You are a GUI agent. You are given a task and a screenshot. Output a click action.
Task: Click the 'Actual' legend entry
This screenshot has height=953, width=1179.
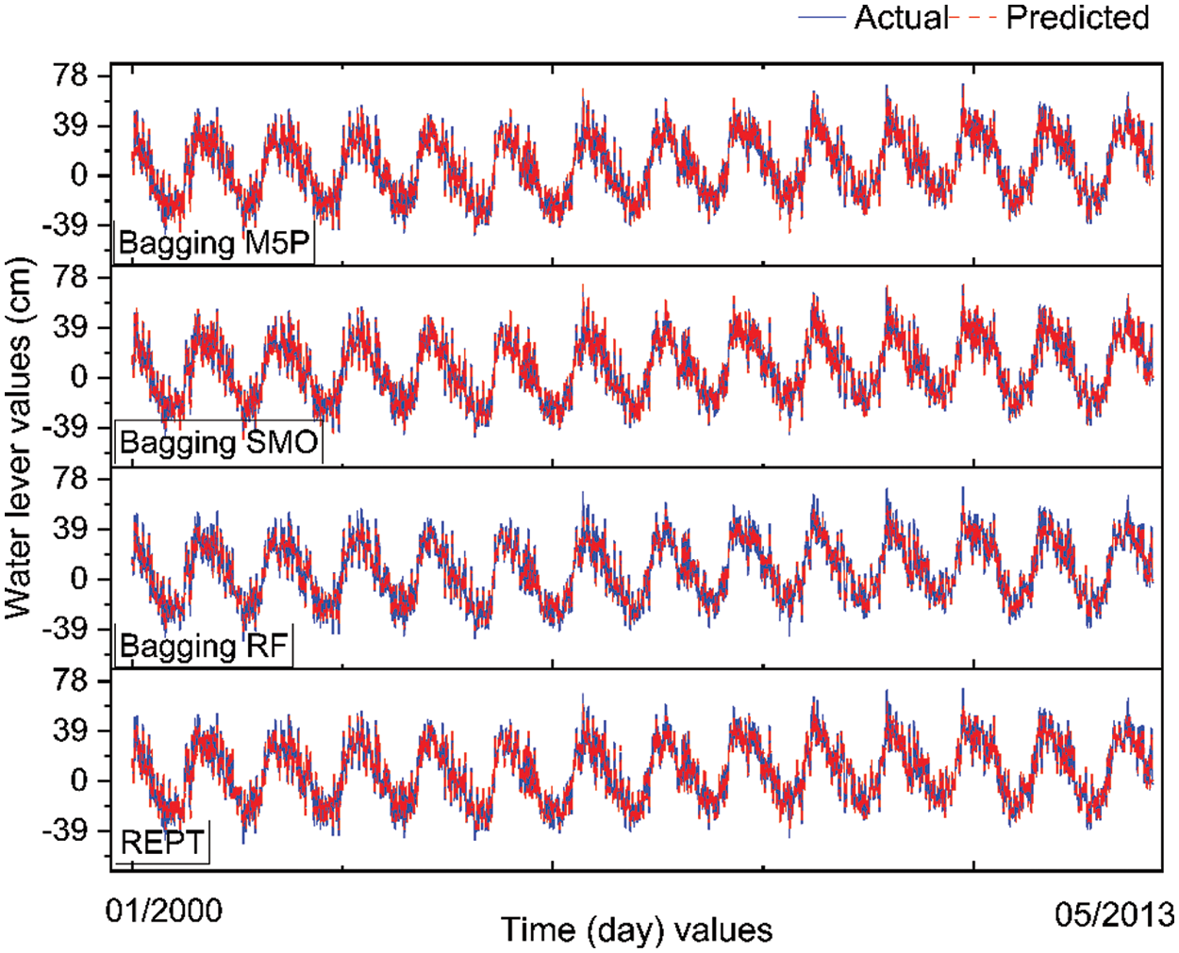coord(900,18)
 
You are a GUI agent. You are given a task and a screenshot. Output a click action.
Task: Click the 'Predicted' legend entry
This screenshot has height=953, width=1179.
coord(1077,18)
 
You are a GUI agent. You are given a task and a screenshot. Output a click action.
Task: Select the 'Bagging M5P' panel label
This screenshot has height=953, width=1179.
coord(213,243)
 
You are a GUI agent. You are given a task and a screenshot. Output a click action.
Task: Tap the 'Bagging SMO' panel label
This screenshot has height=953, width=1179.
coord(219,442)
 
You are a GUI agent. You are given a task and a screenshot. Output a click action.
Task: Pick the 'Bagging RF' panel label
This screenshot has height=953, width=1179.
coord(204,646)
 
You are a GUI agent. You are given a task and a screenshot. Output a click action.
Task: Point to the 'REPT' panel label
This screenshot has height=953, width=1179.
coord(162,842)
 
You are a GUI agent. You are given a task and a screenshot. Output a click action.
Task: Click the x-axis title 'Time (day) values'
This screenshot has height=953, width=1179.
coord(637,930)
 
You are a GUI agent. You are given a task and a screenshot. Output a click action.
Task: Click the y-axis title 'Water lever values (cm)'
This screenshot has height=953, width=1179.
coord(19,438)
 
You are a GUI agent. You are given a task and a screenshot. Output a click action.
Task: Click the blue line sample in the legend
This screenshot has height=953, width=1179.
coord(822,18)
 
